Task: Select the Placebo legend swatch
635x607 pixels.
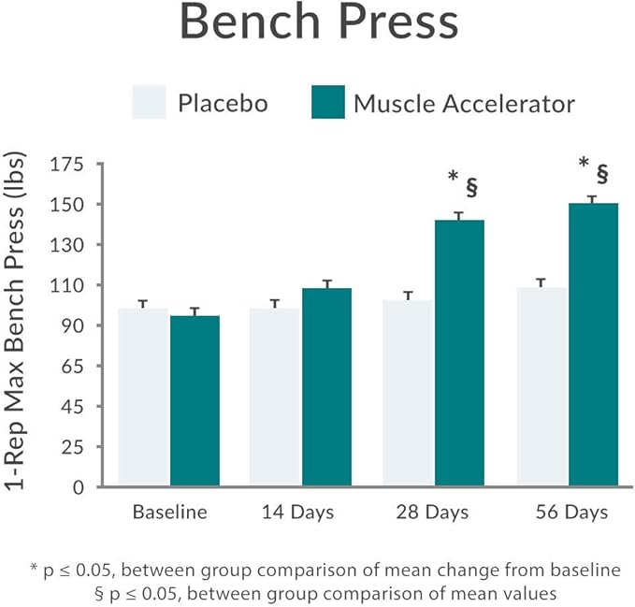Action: [151, 103]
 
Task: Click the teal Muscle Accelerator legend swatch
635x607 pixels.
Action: [327, 103]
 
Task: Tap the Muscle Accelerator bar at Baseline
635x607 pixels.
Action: [195, 401]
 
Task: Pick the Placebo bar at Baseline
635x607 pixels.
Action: [144, 397]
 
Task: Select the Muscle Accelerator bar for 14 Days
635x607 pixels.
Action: [326, 387]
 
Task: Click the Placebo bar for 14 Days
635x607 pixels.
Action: [276, 397]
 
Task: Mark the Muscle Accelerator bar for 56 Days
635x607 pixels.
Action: [593, 345]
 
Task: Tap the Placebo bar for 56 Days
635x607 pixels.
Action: [542, 387]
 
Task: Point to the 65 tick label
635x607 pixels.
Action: [71, 367]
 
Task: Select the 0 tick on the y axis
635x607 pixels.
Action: [79, 487]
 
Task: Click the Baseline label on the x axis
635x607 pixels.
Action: [169, 513]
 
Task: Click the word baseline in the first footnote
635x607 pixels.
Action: [588, 570]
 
